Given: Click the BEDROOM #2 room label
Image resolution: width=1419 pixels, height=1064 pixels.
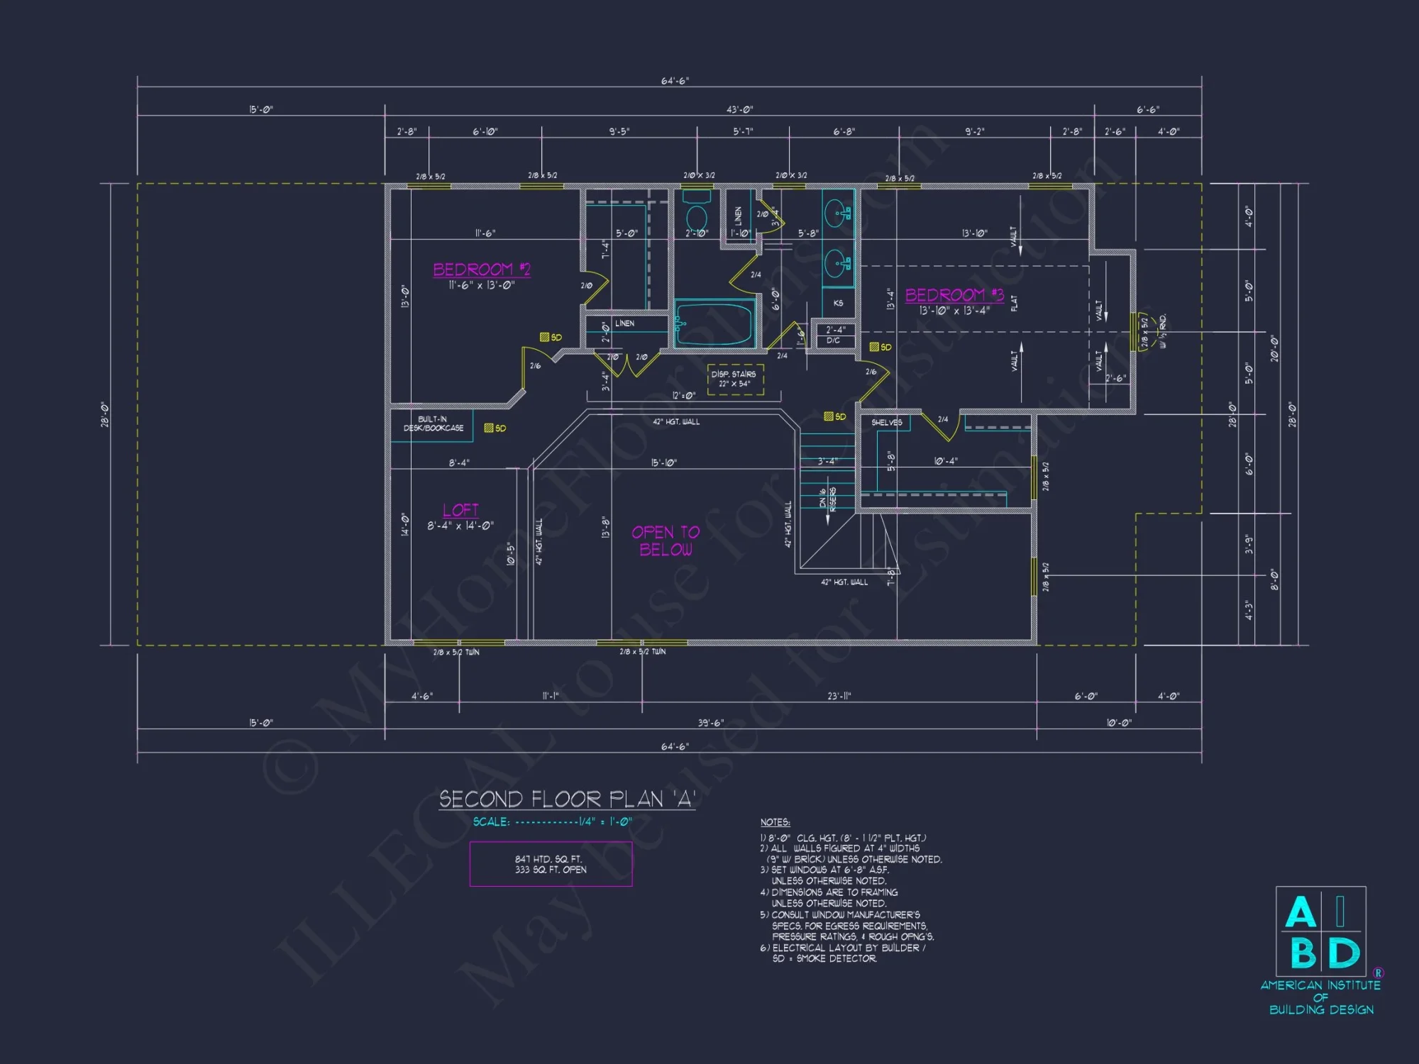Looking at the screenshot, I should pos(481,270).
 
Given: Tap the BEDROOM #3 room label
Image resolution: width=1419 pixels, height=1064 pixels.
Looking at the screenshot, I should pos(954,295).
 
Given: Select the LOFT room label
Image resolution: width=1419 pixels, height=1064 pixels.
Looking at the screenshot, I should pos(460,510).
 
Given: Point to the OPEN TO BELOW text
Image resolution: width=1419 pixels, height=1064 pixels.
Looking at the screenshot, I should pos(666,541).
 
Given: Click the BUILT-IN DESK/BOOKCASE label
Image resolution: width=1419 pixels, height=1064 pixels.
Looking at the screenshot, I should pos(433,423).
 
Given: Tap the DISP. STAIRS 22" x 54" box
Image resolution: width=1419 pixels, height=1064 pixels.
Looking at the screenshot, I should pos(735,379).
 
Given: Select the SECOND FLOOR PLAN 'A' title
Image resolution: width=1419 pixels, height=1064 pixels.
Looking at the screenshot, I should pos(566,799).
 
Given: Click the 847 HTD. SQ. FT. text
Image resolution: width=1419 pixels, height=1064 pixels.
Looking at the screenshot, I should pos(548,859).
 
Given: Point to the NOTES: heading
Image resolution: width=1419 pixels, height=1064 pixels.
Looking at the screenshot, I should pos(775,822).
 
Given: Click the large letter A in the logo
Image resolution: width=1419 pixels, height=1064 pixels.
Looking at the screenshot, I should pos(1300,912).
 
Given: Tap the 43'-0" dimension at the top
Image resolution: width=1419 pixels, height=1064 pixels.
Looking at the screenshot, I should pos(739,109).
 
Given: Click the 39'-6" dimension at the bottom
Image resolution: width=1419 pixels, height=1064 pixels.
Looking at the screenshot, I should pos(710,723).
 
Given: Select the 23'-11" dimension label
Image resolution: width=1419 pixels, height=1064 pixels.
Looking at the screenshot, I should pos(839,696).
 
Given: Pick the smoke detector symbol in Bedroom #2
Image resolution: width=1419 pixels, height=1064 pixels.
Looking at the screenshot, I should pos(545,338).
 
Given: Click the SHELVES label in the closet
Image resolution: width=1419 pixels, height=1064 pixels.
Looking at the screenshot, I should pos(886,422).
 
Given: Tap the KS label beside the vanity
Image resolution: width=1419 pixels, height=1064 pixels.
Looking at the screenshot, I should pos(838,303).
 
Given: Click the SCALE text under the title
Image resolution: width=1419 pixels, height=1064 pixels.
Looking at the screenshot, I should pos(491,822).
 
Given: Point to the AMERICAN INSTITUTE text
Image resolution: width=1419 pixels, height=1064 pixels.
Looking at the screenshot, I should pos(1320,985).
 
